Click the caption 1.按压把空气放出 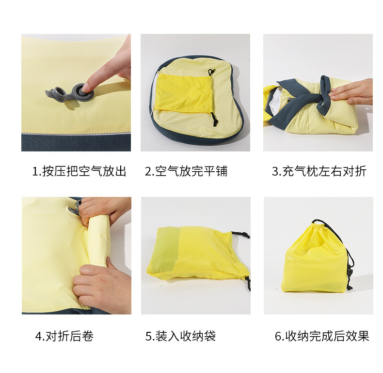point(79,171)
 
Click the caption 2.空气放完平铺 point(186,171)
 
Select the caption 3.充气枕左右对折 point(319,171)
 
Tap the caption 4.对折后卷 point(64,336)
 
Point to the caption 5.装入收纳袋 point(180,336)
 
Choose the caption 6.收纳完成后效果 point(322,336)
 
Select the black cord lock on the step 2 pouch point(215,121)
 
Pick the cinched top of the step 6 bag point(318,224)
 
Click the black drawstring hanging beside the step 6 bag point(351,271)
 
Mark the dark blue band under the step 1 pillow point(76,142)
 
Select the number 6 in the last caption point(278,336)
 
